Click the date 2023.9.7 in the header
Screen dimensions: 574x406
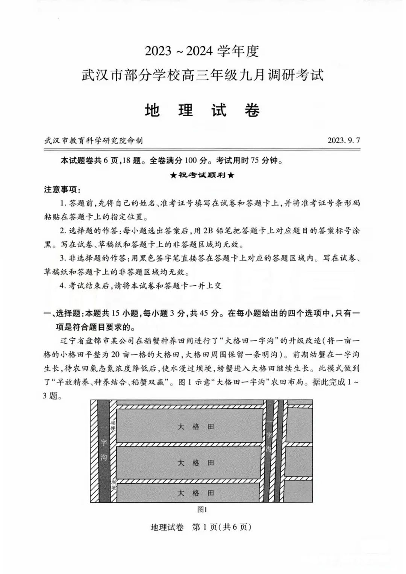click(344, 141)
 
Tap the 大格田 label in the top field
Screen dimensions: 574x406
click(196, 427)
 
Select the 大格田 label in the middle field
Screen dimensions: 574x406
click(196, 463)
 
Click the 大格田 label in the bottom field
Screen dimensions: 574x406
click(196, 493)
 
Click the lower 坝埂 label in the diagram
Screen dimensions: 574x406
click(114, 485)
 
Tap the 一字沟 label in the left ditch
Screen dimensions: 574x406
click(104, 444)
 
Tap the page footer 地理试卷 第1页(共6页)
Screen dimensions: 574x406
click(201, 527)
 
